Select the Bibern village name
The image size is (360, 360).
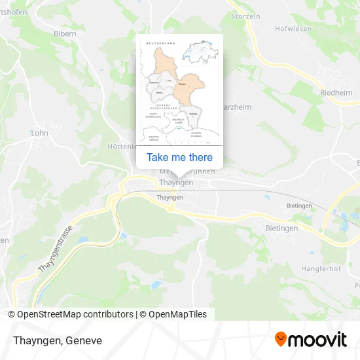click(65, 33)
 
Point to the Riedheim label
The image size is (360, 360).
click(336, 93)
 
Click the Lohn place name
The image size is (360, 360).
click(39, 132)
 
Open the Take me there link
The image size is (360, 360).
click(179, 157)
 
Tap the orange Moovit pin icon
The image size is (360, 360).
click(280, 339)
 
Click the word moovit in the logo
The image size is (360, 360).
click(317, 340)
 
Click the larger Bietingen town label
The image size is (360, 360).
click(282, 228)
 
